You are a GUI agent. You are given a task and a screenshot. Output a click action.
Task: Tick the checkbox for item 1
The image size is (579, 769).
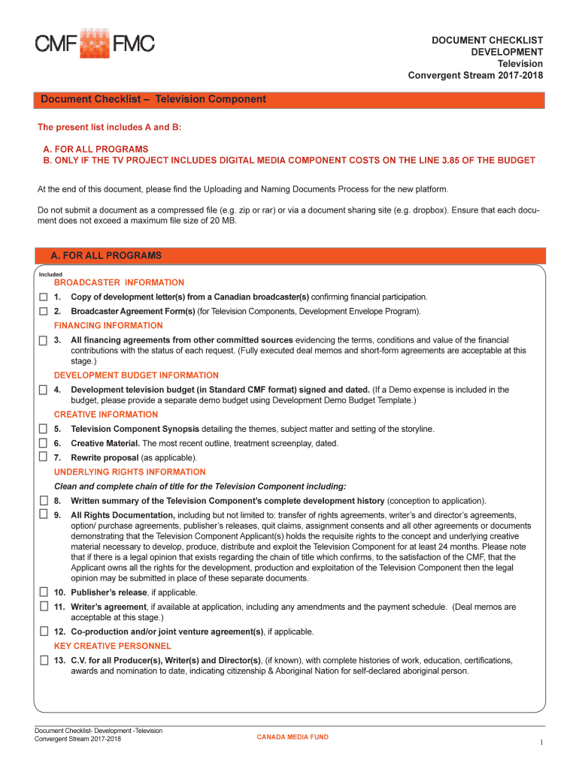pyautogui.click(x=43, y=297)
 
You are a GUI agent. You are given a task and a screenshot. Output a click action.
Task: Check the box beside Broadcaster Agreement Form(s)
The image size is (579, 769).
pyautogui.click(x=43, y=311)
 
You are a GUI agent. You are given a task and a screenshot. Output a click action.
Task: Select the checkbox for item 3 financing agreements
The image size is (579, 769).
pyautogui.click(x=43, y=340)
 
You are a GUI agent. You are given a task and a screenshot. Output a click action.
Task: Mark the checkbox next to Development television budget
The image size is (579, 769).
pyautogui.click(x=43, y=390)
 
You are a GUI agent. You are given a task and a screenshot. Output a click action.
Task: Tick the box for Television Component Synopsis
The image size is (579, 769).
pyautogui.click(x=43, y=429)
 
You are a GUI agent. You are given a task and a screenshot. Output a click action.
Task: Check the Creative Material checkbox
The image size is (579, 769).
pyautogui.click(x=43, y=443)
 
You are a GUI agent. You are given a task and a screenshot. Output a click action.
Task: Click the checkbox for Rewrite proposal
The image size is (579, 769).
pyautogui.click(x=43, y=457)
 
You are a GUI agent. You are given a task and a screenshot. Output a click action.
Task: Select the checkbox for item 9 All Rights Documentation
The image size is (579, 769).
pyautogui.click(x=43, y=515)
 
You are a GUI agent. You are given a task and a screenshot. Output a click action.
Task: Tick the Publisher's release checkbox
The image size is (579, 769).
pyautogui.click(x=43, y=592)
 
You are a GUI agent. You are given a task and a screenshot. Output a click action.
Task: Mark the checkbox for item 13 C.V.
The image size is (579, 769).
pyautogui.click(x=43, y=660)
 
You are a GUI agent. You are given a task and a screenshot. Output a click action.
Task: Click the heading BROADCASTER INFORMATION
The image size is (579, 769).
pyautogui.click(x=119, y=282)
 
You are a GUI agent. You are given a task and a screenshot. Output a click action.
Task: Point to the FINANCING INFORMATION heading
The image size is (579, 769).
pyautogui.click(x=108, y=326)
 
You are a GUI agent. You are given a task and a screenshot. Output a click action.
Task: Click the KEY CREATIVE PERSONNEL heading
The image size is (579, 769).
pyautogui.click(x=113, y=646)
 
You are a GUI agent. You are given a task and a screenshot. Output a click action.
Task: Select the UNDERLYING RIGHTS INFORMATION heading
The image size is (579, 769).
pyautogui.click(x=129, y=472)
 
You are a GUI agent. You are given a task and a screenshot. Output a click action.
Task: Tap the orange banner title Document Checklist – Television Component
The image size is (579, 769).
pyautogui.click(x=153, y=99)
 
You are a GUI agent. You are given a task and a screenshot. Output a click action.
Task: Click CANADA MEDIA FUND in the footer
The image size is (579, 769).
pyautogui.click(x=293, y=737)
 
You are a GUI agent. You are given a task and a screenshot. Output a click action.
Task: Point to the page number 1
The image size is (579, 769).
pyautogui.click(x=541, y=743)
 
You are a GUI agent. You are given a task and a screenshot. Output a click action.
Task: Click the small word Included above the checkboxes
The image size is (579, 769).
pyautogui.click(x=50, y=274)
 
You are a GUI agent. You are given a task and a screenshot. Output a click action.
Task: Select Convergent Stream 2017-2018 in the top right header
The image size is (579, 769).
pyautogui.click(x=475, y=76)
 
